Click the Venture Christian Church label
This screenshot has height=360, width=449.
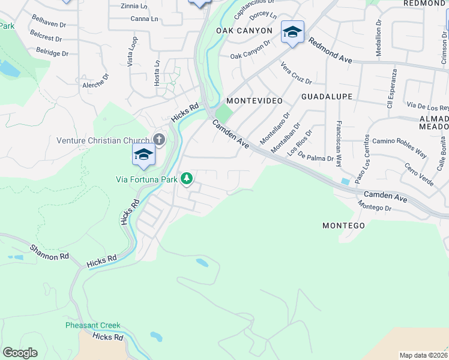(103, 140)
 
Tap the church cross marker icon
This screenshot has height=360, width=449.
(159, 139)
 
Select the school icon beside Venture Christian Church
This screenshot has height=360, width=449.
(144, 155)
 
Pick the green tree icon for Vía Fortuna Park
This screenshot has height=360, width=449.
(187, 178)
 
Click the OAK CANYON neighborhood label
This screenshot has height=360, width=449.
(244, 31)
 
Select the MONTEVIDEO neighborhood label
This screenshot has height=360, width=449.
(254, 101)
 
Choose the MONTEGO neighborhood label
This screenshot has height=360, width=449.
(343, 226)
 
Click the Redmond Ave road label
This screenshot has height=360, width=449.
(333, 51)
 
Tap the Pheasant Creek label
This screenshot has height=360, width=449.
(93, 326)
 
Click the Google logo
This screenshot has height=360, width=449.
(20, 353)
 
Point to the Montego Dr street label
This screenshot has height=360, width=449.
(375, 206)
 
